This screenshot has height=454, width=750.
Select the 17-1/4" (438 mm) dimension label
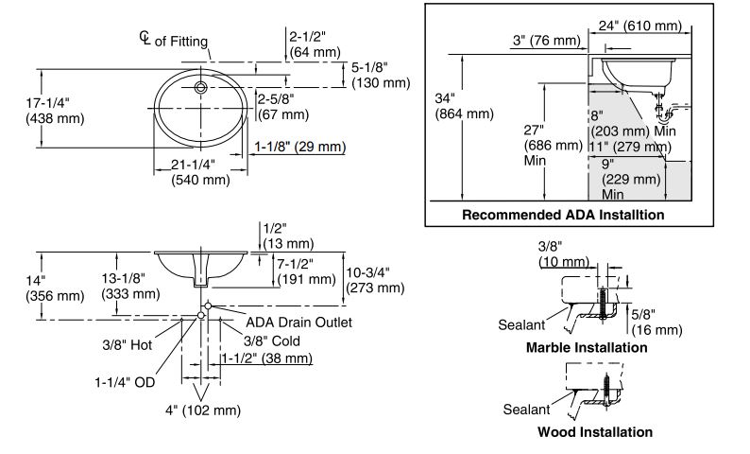55,111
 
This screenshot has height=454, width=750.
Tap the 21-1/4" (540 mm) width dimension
200,172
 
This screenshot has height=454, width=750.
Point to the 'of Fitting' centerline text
181,42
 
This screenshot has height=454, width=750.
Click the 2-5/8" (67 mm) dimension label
283,107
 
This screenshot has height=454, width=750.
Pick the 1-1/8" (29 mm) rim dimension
299,147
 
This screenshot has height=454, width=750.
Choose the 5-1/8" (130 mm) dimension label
381,75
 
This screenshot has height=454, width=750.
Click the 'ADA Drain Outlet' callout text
298,323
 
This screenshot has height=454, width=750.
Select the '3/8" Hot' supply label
128,345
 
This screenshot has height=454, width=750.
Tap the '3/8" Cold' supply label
272,341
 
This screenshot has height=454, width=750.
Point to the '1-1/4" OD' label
125,382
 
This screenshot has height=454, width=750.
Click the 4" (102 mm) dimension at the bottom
203,410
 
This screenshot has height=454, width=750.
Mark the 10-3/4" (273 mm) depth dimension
376,280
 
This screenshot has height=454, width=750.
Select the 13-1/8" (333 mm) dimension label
130,286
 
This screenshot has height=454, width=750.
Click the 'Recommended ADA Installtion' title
563,215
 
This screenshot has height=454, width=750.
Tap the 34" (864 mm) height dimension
464,106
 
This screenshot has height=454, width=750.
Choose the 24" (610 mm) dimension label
640,26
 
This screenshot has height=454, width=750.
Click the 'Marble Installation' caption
587,347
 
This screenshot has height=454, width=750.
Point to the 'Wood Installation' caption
595,432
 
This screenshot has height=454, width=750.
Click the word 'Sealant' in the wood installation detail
527,410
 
